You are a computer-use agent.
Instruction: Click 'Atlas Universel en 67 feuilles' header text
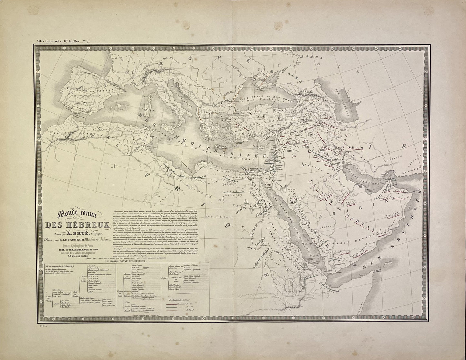tap(57, 41)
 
